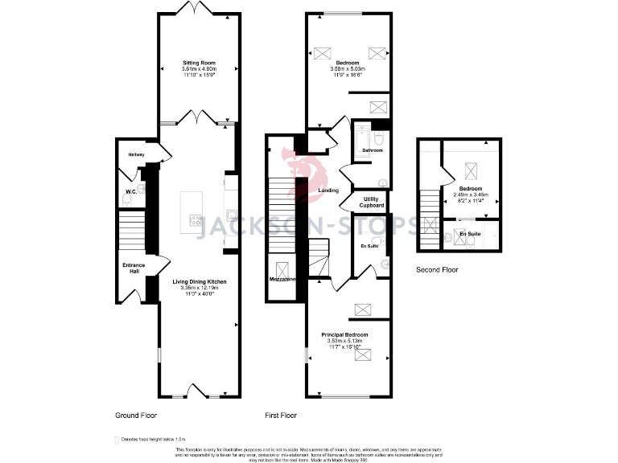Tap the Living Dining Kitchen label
(199, 282)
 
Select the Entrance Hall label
(130, 267)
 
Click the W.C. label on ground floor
(130, 191)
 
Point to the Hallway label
(134, 154)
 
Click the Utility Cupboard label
(372, 202)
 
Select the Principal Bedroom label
(344, 334)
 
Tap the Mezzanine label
(282, 279)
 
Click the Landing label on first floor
(328, 191)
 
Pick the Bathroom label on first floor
(372, 150)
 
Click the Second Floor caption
(437, 270)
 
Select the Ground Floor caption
(135, 416)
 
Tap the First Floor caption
(281, 416)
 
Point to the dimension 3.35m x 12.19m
(199, 289)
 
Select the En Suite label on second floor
(470, 234)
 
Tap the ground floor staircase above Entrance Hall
(130, 230)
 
